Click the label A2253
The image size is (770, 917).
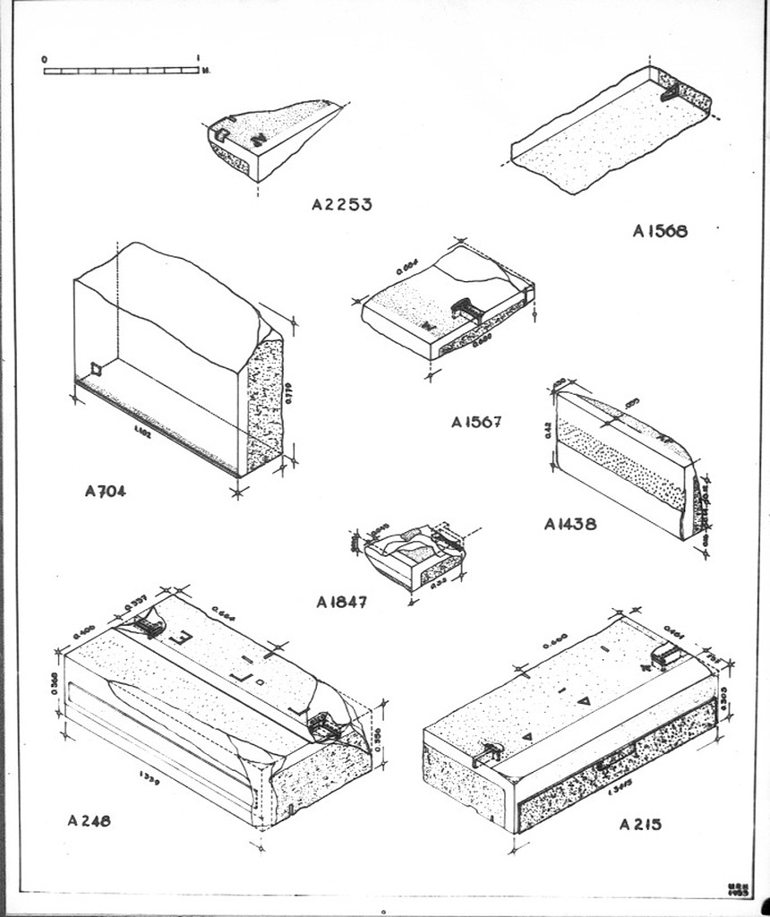coord(341,204)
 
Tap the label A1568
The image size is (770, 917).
coord(660,231)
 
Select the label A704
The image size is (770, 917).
coord(106,491)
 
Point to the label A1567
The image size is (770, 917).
coord(476,422)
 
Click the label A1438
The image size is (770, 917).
coord(569,525)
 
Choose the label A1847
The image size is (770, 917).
coord(341,603)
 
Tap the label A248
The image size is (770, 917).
coord(90,820)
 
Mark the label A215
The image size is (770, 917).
coord(640,824)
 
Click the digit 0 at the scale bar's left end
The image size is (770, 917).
coord(45,59)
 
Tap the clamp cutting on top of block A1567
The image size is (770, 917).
coord(466,310)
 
